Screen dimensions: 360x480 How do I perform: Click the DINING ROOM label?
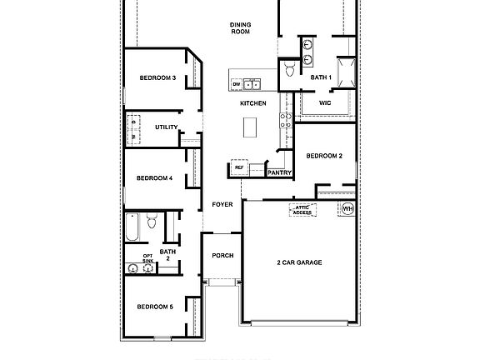pyautogui.click(x=241, y=27)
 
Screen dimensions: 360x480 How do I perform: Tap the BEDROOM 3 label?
pyautogui.click(x=157, y=78)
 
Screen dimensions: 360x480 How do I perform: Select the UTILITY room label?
pyautogui.click(x=167, y=127)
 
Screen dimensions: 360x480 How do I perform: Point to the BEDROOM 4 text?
pyautogui.click(x=154, y=177)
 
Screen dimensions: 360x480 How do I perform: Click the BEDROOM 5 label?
pyautogui.click(x=154, y=307)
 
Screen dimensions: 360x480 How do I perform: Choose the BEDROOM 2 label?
pyautogui.click(x=323, y=156)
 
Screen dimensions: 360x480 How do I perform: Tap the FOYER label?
pyautogui.click(x=222, y=204)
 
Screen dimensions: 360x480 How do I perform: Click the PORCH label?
pyautogui.click(x=222, y=256)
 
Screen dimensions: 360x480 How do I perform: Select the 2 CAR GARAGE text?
pyautogui.click(x=299, y=262)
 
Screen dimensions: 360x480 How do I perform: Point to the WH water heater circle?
pyautogui.click(x=347, y=208)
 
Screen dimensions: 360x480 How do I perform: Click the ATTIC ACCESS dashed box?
pyautogui.click(x=302, y=210)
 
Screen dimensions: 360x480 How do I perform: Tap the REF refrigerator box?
pyautogui.click(x=239, y=168)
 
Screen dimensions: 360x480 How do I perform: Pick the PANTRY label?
pyautogui.click(x=279, y=172)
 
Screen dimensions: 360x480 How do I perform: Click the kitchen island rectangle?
pyautogui.click(x=250, y=127)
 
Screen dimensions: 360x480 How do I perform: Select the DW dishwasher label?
pyautogui.click(x=237, y=84)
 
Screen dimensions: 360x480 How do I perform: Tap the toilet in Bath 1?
pyautogui.click(x=289, y=69)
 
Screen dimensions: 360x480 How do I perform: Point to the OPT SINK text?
pyautogui.click(x=147, y=258)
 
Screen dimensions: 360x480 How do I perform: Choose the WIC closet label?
pyautogui.click(x=325, y=103)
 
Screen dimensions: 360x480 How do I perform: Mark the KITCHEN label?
pyautogui.click(x=252, y=103)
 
